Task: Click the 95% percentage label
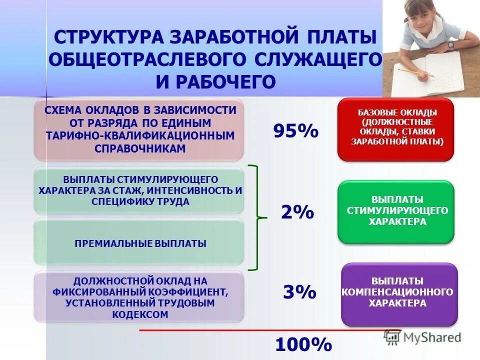[x=295, y=131]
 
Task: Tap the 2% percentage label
[x=297, y=212]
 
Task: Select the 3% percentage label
[x=299, y=291]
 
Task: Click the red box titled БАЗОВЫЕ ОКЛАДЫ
[x=395, y=129]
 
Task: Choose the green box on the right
[x=396, y=212]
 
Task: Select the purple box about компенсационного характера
[x=398, y=294]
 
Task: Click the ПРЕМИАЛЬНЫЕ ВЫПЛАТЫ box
[x=139, y=243]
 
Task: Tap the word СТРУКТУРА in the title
[x=108, y=37]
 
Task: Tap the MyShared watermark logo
[x=423, y=337]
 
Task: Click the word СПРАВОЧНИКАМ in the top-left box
[x=139, y=148]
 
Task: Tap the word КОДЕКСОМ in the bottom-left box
[x=139, y=314]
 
